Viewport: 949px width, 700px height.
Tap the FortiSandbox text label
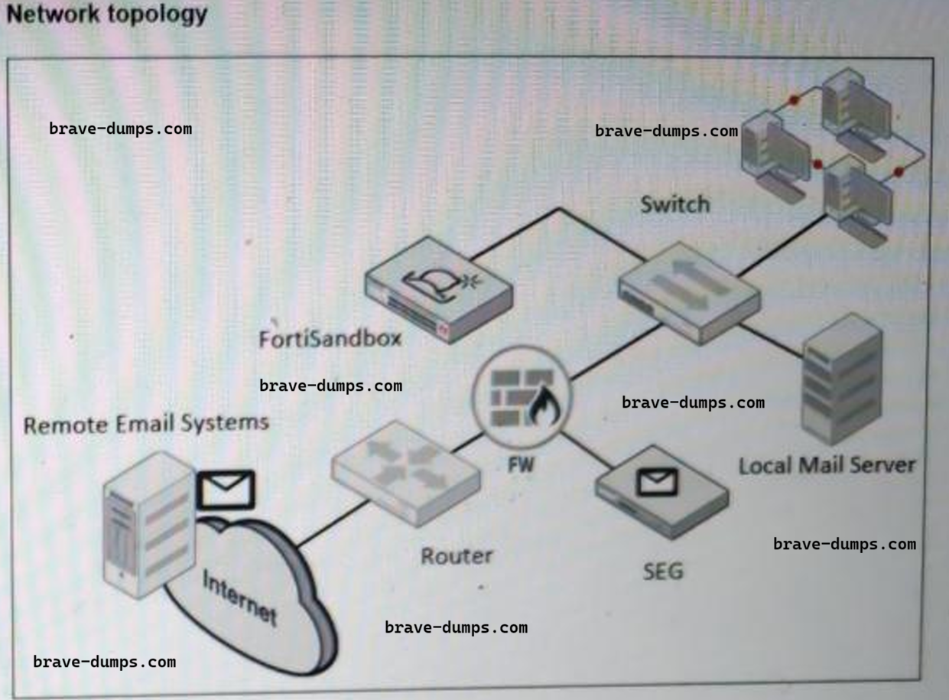(x=330, y=337)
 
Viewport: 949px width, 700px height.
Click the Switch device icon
(x=689, y=291)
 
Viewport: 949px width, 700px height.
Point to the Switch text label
(x=674, y=204)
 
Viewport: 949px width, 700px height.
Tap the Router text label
(x=457, y=555)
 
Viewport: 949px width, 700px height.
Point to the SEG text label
(x=662, y=570)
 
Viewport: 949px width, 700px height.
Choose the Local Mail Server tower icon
(x=840, y=379)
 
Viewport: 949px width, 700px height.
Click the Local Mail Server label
(x=826, y=464)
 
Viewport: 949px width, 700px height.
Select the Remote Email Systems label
(x=146, y=424)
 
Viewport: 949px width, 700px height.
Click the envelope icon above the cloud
(x=226, y=490)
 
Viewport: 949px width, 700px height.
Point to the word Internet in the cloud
(x=239, y=597)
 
